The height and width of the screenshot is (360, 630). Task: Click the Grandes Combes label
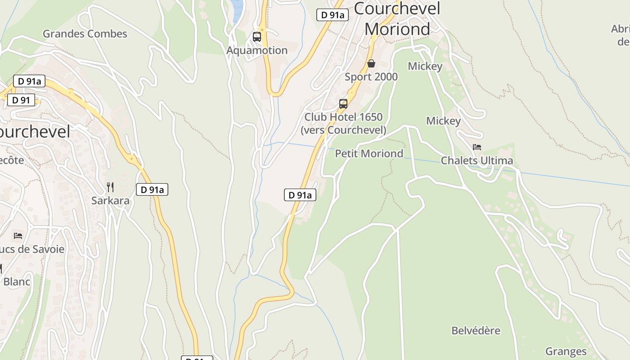pyautogui.click(x=85, y=34)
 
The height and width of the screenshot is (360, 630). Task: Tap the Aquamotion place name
pyautogui.click(x=256, y=50)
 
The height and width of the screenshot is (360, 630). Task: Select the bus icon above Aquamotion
pyautogui.click(x=257, y=37)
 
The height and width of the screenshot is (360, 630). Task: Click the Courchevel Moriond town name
pyautogui.click(x=397, y=19)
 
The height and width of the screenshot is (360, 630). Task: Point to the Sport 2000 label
pyautogui.click(x=371, y=77)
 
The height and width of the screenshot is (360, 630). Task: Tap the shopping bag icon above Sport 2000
pyautogui.click(x=371, y=63)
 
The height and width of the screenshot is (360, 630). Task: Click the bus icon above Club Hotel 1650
pyautogui.click(x=343, y=104)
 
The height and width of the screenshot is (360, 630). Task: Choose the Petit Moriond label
pyautogui.click(x=369, y=153)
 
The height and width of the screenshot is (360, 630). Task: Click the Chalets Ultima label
pyautogui.click(x=477, y=161)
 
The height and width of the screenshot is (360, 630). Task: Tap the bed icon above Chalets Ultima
pyautogui.click(x=477, y=147)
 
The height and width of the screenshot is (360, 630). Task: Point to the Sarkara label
pyautogui.click(x=110, y=201)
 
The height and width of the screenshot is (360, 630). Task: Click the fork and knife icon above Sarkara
pyautogui.click(x=110, y=187)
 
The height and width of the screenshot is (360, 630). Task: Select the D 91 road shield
pyautogui.click(x=21, y=100)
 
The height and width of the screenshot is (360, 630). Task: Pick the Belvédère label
pyautogui.click(x=476, y=331)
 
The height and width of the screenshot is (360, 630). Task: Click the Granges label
pyautogui.click(x=566, y=351)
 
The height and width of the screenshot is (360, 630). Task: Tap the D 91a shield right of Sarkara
pyautogui.click(x=152, y=189)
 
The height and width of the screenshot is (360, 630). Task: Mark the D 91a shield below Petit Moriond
pyautogui.click(x=300, y=195)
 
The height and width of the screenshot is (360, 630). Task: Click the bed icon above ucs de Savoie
pyautogui.click(x=18, y=235)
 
